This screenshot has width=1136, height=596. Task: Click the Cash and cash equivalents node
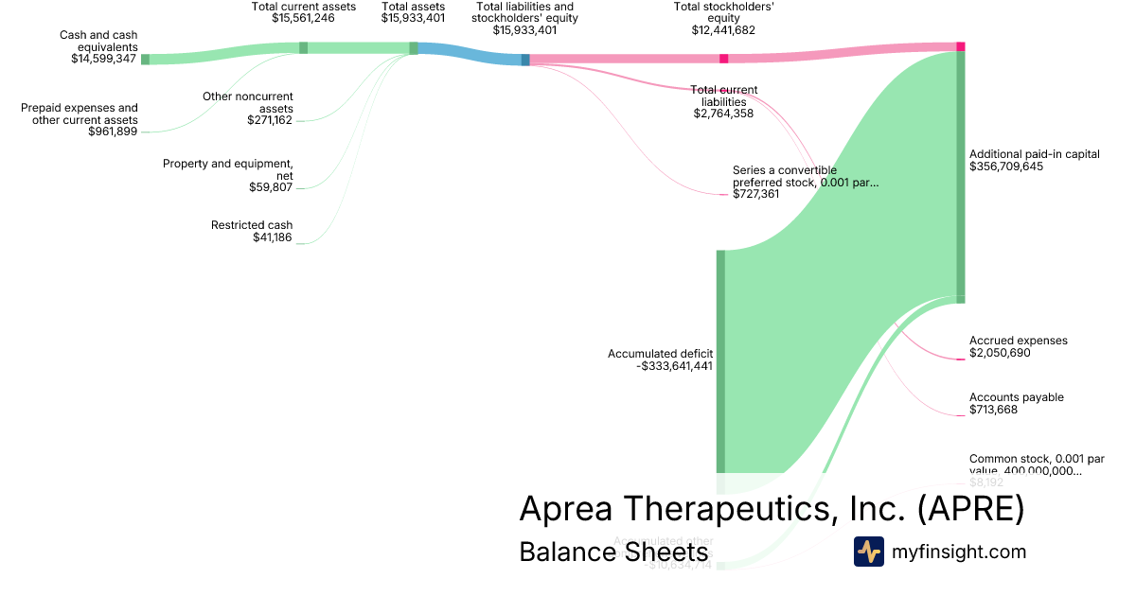point(145,59)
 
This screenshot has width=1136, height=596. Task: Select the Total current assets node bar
point(303,47)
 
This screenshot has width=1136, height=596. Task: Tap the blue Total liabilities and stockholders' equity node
point(525,60)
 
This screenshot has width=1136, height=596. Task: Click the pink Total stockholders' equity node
point(724,59)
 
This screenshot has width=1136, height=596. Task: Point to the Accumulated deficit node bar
point(720,359)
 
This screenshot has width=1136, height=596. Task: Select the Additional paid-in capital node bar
point(961,175)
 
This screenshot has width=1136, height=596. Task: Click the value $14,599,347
point(104,59)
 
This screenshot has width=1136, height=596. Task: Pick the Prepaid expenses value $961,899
point(113,131)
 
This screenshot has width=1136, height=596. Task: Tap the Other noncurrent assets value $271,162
point(270,120)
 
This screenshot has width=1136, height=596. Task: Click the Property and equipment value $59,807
point(271,187)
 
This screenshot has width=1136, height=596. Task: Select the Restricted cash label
point(252,225)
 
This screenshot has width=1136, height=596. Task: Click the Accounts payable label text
point(1016,397)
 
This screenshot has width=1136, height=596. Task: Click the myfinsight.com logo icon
point(868,552)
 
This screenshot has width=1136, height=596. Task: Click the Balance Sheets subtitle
point(613,552)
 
